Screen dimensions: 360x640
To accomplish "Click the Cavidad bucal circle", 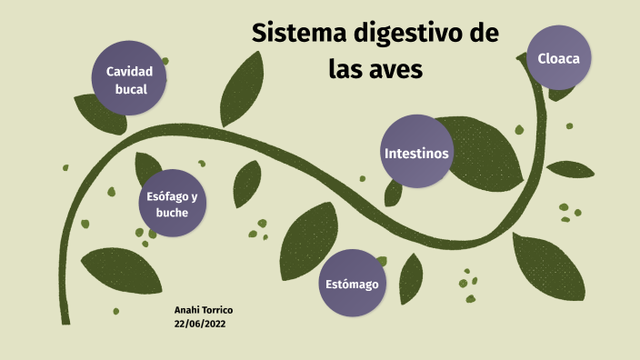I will tap(128, 79).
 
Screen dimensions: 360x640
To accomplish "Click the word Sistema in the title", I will tap(295, 35).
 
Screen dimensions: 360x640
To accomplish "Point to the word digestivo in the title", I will tap(405, 37).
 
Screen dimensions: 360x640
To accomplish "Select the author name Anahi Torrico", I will tap(203, 310).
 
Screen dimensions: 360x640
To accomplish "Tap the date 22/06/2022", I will tap(200, 323).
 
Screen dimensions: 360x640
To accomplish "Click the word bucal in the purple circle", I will tap(131, 89).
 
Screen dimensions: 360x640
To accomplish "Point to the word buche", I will tap(172, 213).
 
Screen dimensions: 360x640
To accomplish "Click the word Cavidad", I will tap(129, 71).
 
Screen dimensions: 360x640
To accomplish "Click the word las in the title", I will tap(345, 70).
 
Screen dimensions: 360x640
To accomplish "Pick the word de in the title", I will tap(485, 35).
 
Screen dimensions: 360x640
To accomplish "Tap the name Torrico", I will tap(215, 310).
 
